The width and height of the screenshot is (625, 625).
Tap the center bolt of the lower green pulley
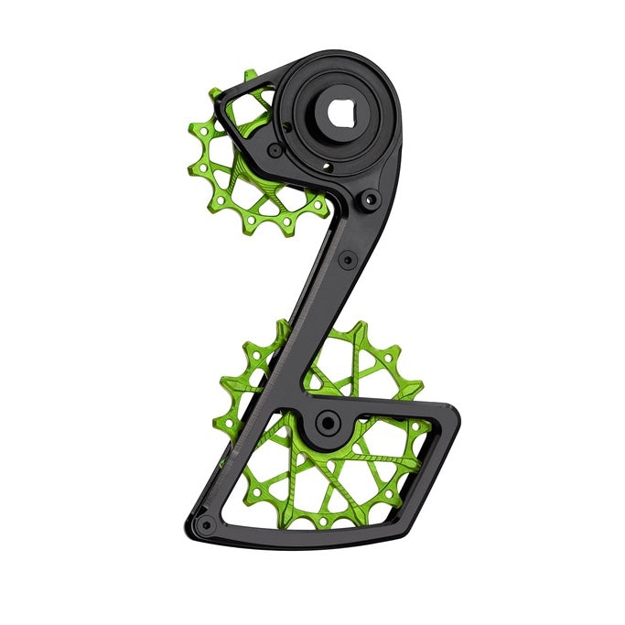(x=326, y=423)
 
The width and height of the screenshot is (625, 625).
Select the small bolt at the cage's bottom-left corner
(x=208, y=524)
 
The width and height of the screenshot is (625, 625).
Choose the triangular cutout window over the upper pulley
(x=248, y=114)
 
